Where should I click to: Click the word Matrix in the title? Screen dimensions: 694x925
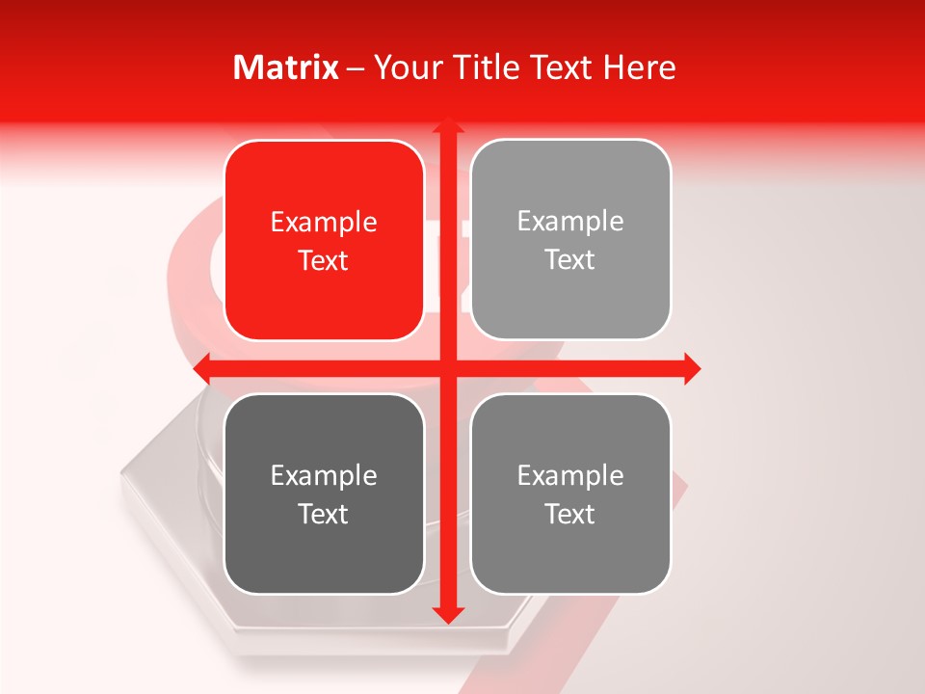pyautogui.click(x=286, y=67)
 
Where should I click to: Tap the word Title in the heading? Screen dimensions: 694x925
pyautogui.click(x=491, y=67)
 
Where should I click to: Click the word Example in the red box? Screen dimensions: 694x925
pyautogui.click(x=324, y=223)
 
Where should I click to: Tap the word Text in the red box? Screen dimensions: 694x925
pyautogui.click(x=324, y=261)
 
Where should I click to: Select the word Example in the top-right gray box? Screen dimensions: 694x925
pyautogui.click(x=570, y=222)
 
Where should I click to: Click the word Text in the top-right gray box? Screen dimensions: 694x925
pyautogui.click(x=570, y=260)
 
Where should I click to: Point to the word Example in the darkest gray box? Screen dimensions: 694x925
pyautogui.click(x=324, y=475)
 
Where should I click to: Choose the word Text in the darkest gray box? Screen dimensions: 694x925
pyautogui.click(x=324, y=514)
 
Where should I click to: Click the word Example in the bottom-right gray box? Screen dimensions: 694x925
pyautogui.click(x=570, y=475)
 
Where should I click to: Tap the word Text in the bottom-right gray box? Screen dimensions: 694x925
pyautogui.click(x=570, y=514)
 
